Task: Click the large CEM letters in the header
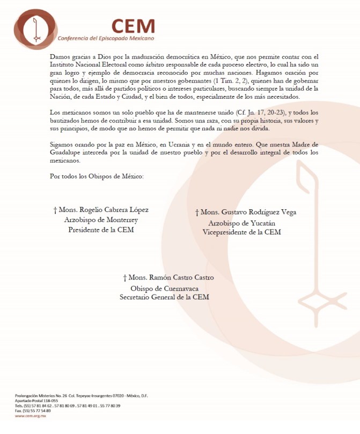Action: (x=133, y=26)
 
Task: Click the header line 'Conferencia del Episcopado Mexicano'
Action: (x=106, y=39)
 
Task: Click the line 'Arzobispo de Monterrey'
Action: (x=101, y=220)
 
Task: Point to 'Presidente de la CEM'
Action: (x=101, y=230)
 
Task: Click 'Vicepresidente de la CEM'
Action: (x=241, y=232)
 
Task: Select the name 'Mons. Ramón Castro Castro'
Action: (x=168, y=277)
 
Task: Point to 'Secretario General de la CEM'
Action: (x=164, y=297)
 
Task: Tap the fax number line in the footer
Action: (x=33, y=410)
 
